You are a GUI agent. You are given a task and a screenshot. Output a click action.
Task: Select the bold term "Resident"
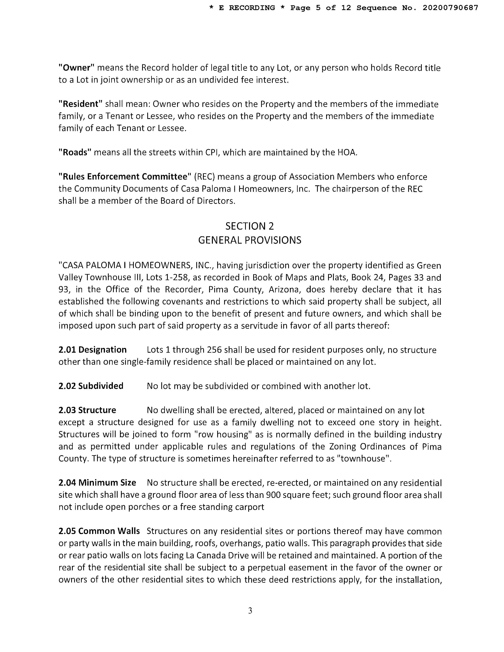tap(80, 104)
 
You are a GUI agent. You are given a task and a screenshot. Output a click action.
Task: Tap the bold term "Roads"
tap(75, 153)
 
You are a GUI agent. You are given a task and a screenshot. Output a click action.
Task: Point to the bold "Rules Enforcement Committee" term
tap(125, 177)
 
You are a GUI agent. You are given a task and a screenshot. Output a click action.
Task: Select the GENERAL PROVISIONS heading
tap(250, 240)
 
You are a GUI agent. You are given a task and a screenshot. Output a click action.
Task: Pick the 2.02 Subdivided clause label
tap(91, 386)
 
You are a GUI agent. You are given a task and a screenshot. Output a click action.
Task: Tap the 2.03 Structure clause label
tap(87, 410)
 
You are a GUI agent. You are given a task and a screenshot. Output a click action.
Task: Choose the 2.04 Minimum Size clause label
tap(97, 483)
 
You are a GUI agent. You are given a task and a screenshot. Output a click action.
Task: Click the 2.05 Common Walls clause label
tap(99, 531)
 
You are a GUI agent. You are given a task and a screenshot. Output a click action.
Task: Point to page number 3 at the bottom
tap(250, 611)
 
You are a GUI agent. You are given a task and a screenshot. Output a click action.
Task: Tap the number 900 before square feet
tap(273, 495)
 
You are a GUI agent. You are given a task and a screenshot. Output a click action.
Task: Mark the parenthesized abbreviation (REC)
tap(204, 177)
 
